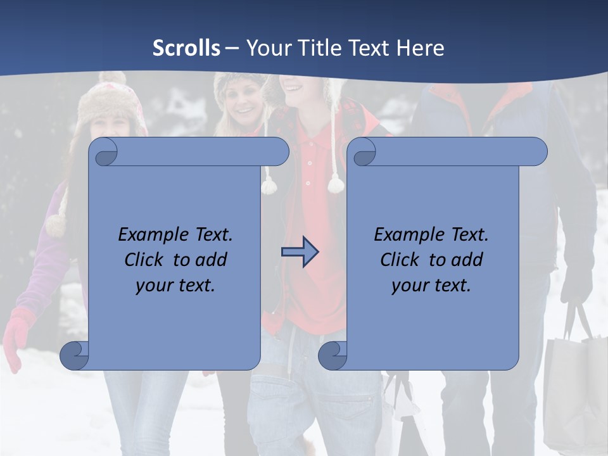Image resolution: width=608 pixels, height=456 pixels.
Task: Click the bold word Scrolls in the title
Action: [186, 48]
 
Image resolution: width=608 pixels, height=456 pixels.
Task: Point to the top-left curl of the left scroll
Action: [106, 153]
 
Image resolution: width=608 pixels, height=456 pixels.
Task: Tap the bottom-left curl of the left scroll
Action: [74, 355]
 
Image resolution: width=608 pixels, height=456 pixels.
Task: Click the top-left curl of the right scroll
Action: [364, 153]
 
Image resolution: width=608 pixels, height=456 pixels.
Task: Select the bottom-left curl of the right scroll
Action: [332, 355]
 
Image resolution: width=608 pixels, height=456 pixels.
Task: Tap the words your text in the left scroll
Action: [175, 286]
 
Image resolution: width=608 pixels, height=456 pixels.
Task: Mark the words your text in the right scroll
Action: [431, 286]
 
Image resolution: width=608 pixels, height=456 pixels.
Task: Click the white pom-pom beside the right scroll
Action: [336, 184]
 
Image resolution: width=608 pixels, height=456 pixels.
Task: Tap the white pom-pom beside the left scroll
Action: [269, 186]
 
